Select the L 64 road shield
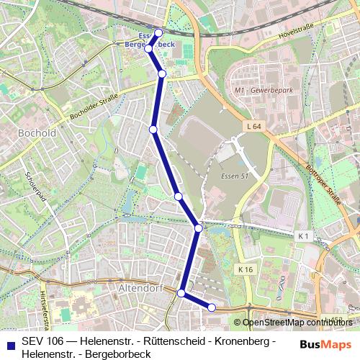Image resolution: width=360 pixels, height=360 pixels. pyautogui.click(x=252, y=127)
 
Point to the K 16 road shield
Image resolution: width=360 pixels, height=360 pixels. pyautogui.click(x=246, y=269)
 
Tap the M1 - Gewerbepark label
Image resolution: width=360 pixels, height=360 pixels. pyautogui.click(x=258, y=91)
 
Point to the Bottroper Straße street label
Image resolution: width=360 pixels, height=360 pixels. pyautogui.click(x=328, y=184)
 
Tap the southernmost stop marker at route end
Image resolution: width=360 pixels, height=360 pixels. pyautogui.click(x=212, y=307)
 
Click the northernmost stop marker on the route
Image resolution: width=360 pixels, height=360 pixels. pyautogui.click(x=158, y=32)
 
